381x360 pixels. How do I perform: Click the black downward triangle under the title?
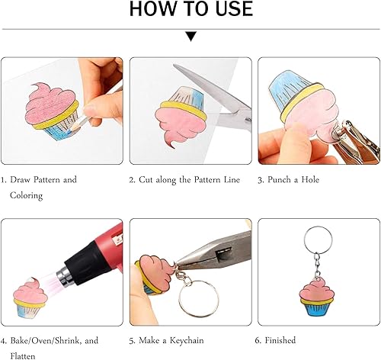coord(191,36)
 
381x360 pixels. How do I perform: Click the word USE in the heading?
coord(234,8)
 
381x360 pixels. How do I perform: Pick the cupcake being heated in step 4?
coord(30,298)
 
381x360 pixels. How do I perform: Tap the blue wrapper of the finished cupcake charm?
coord(316,310)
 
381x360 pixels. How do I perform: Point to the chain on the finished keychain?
coord(317,265)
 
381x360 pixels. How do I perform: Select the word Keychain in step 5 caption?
coord(187,341)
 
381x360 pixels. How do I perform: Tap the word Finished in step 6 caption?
coord(280,340)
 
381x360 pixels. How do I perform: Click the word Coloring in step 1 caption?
coord(26,196)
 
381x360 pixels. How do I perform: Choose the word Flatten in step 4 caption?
coord(23,356)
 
